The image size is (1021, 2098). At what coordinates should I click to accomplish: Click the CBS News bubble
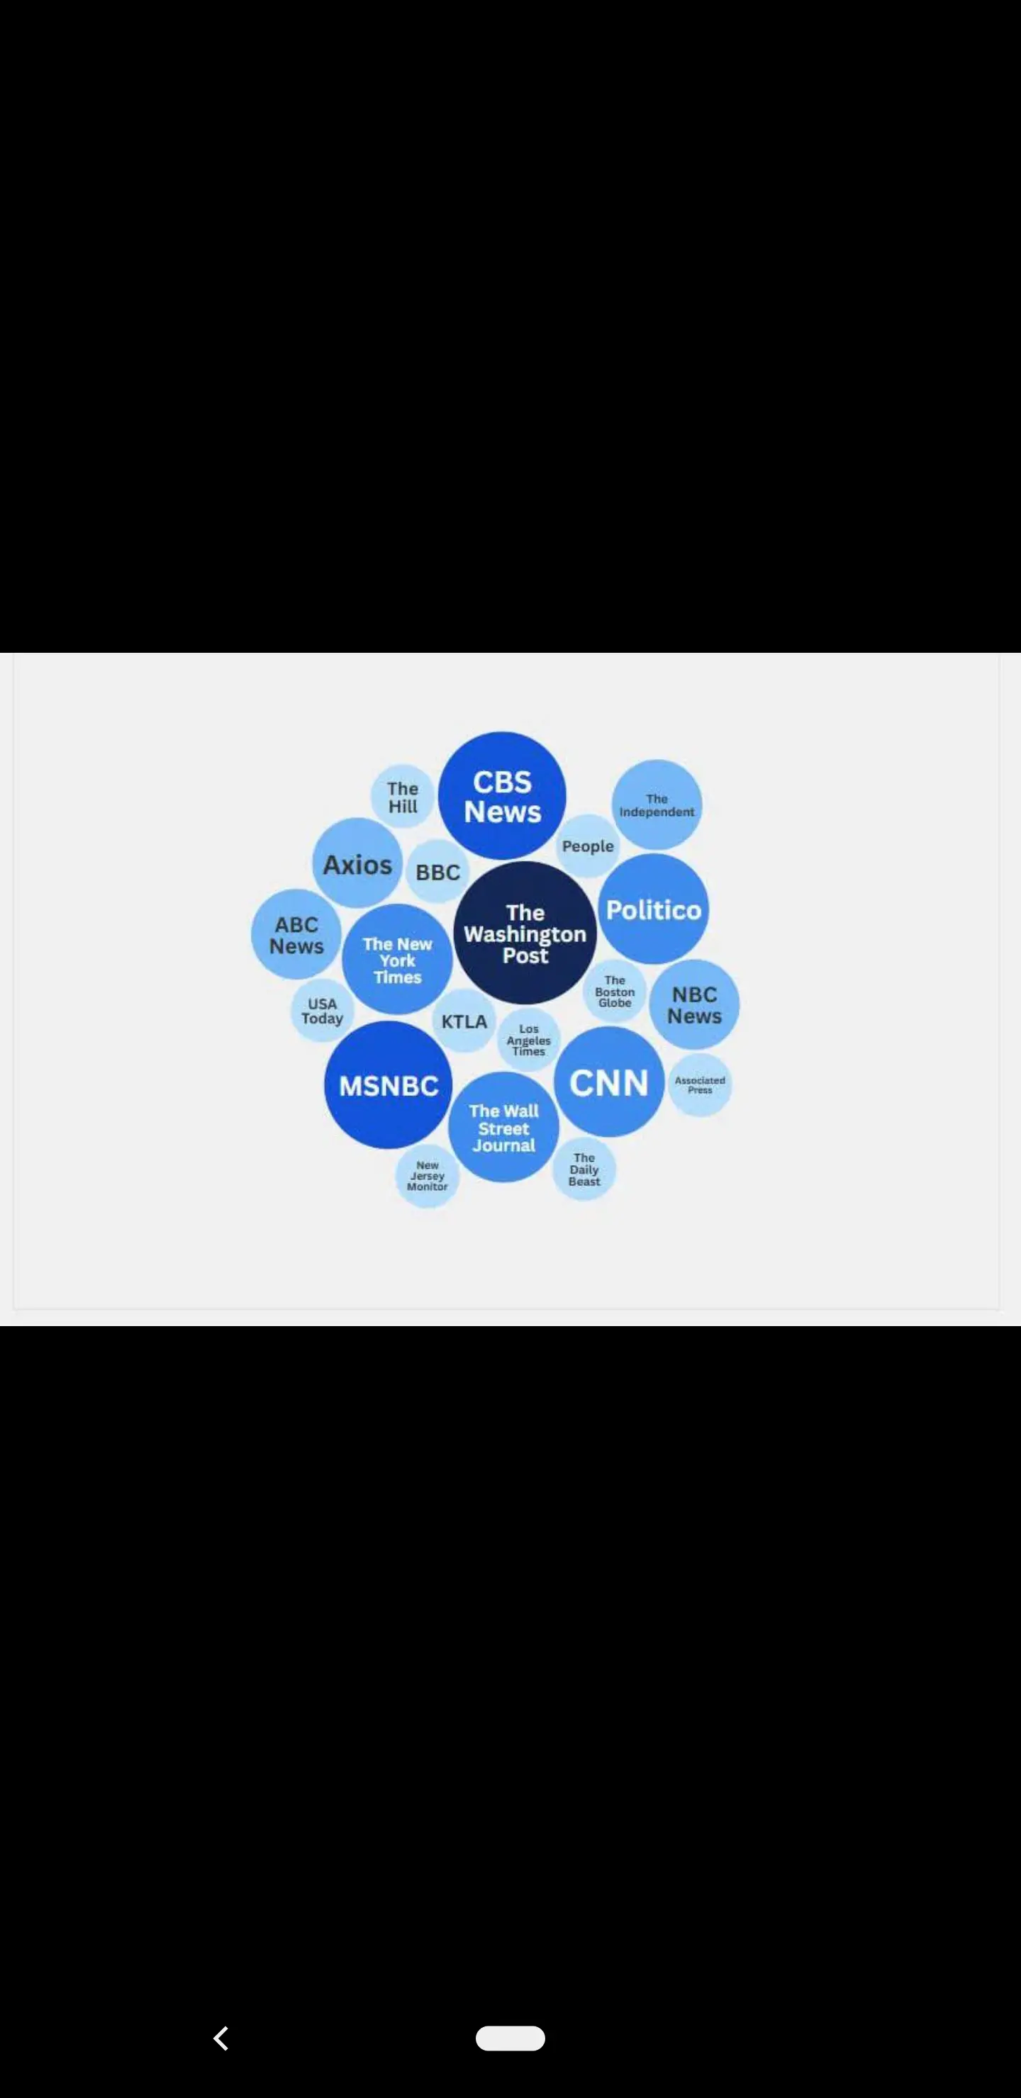(502, 796)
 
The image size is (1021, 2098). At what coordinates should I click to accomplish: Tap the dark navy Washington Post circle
(525, 933)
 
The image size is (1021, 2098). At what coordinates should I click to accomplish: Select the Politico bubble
(654, 909)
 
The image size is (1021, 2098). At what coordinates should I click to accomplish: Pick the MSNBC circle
(388, 1085)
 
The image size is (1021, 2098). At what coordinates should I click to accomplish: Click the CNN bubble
(608, 1082)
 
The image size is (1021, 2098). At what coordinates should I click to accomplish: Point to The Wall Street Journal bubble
(503, 1127)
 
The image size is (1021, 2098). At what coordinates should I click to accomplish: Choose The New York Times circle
(397, 960)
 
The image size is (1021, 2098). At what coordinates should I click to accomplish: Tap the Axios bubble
(357, 863)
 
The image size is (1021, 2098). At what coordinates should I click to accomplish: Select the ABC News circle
(296, 935)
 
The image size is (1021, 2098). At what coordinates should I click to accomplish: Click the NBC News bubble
(694, 1005)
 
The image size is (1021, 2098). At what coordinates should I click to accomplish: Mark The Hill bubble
(403, 797)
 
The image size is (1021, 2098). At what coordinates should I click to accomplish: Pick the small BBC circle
(437, 872)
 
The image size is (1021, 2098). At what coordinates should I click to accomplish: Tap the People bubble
(588, 846)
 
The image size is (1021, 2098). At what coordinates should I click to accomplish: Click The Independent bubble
(657, 804)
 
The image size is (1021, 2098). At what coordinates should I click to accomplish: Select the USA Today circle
(322, 1011)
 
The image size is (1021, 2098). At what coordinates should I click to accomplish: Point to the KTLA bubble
(464, 1021)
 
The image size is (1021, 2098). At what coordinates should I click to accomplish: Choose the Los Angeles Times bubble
(529, 1040)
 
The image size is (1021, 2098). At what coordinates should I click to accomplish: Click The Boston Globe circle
(615, 991)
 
